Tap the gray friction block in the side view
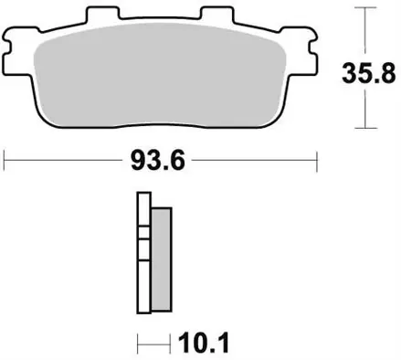point(159,259)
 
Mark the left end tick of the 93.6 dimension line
point(5,164)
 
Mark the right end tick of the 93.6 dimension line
point(316,164)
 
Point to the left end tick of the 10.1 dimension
point(138,344)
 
